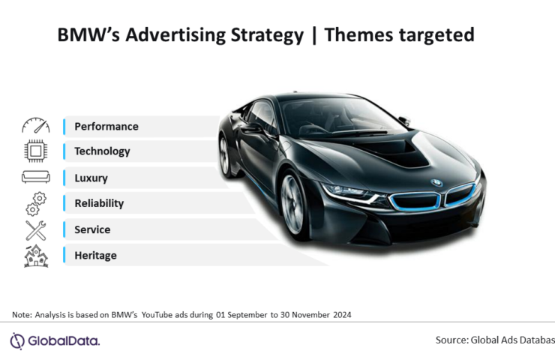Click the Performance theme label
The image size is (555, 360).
pyautogui.click(x=106, y=126)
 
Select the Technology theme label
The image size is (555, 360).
pyautogui.click(x=102, y=151)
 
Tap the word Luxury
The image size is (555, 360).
pyautogui.click(x=91, y=178)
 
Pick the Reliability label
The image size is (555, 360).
pyautogui.click(x=99, y=203)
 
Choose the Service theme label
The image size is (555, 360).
pyautogui.click(x=92, y=229)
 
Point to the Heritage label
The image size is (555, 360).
pyautogui.click(x=95, y=256)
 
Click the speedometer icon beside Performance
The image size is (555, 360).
pyautogui.click(x=36, y=126)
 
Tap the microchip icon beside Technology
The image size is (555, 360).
pyautogui.click(x=35, y=151)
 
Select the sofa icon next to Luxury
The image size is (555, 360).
pyautogui.click(x=36, y=177)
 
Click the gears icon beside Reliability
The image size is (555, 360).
pyautogui.click(x=36, y=204)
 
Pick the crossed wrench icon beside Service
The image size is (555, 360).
pyautogui.click(x=36, y=230)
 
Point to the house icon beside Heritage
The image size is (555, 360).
pyautogui.click(x=36, y=256)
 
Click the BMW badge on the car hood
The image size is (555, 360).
pyautogui.click(x=436, y=183)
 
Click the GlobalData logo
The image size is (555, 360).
pyautogui.click(x=55, y=341)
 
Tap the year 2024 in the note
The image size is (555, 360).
pyautogui.click(x=342, y=315)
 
